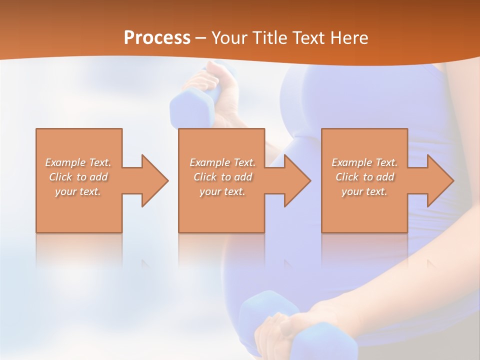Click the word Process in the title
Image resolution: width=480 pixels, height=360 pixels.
click(157, 38)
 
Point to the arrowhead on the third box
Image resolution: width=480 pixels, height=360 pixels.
click(437, 180)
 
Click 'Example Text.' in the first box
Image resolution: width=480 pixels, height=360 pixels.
click(78, 162)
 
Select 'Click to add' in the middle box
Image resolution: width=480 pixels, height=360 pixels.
click(222, 177)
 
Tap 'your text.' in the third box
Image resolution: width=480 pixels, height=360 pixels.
click(364, 191)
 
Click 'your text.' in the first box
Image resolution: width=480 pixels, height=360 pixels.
click(78, 191)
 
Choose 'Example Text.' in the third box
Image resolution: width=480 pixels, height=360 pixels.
click(364, 162)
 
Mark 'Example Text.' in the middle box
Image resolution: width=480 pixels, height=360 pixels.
click(222, 162)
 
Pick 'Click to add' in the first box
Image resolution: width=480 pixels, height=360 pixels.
click(78, 177)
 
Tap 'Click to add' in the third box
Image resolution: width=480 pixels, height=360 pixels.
click(364, 177)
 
